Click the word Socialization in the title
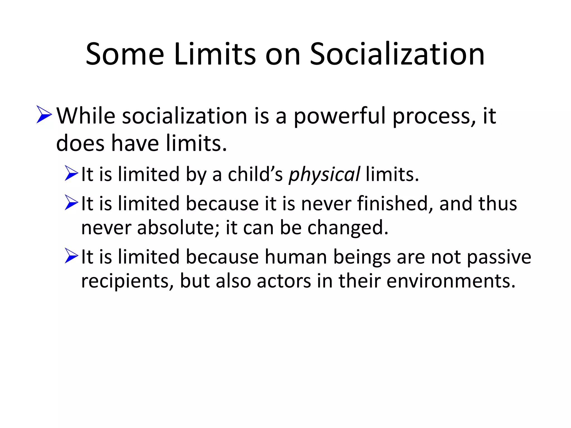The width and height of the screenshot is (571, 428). tap(397, 54)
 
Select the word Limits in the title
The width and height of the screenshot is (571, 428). tap(215, 54)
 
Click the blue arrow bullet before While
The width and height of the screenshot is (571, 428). tap(44, 114)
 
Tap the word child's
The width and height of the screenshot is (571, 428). tap(255, 174)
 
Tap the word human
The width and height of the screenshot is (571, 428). tap(296, 257)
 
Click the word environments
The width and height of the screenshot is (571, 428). tap(451, 281)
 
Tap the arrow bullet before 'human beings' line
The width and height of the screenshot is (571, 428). tap(71, 256)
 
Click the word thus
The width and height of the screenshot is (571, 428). tap(497, 204)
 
